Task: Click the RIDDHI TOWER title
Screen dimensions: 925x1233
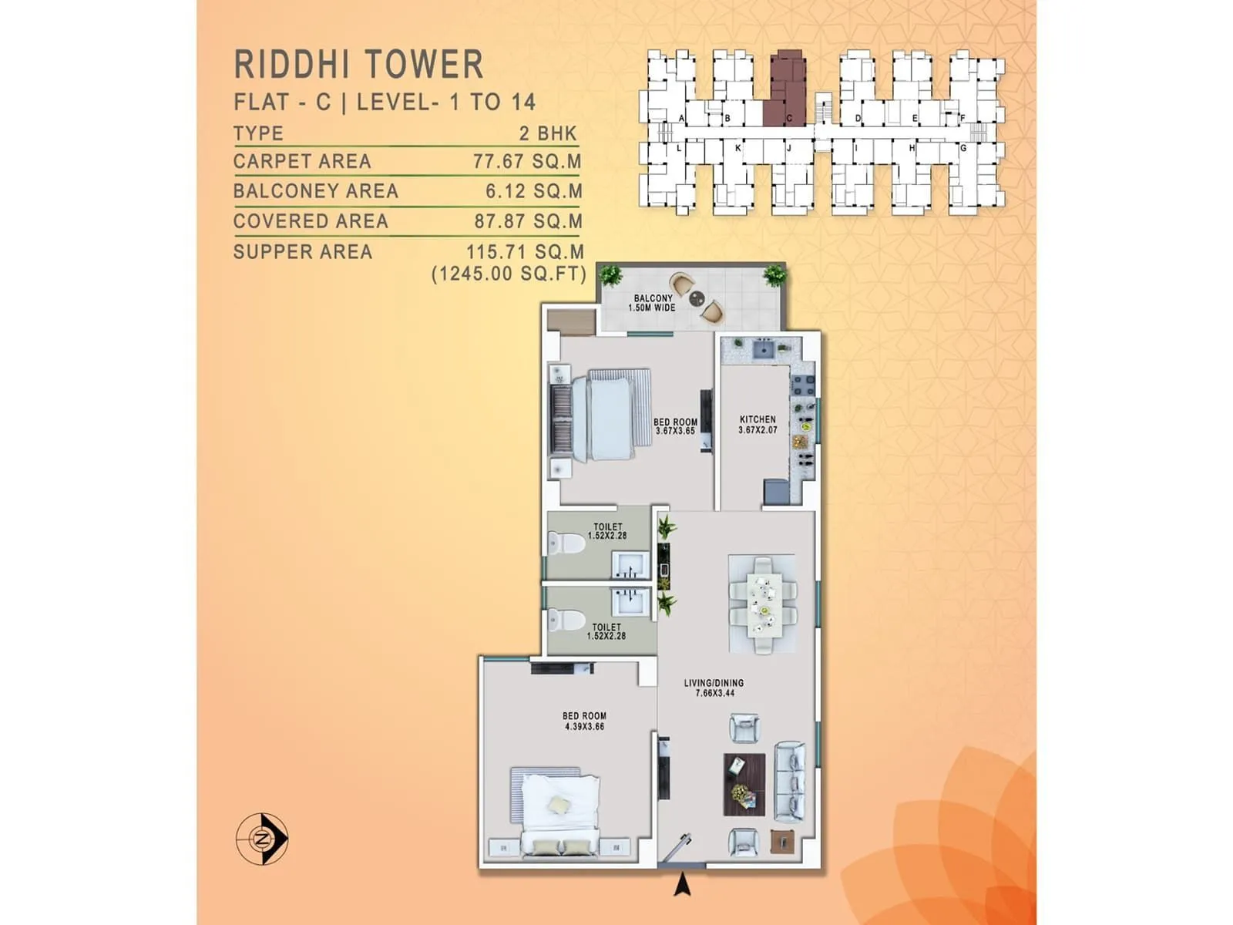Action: (358, 64)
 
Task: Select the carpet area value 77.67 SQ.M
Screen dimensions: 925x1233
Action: (527, 161)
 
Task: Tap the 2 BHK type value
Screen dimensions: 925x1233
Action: (548, 133)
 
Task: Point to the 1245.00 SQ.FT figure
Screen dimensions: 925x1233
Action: (509, 274)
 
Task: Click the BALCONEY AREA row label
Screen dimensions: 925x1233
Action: (316, 191)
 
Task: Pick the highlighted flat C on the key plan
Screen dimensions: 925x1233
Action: (785, 89)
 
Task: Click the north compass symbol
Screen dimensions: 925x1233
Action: (262, 838)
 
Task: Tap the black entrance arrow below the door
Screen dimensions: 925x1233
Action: (682, 886)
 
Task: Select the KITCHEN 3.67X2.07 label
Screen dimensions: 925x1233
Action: (758, 425)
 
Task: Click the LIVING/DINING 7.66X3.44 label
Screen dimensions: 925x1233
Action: (714, 688)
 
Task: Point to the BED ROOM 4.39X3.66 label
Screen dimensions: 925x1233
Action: (584, 721)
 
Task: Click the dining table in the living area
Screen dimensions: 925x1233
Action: (763, 605)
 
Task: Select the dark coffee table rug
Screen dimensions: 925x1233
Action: (744, 784)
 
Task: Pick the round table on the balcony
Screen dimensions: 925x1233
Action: (697, 298)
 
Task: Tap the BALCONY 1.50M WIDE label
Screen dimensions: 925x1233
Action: (652, 303)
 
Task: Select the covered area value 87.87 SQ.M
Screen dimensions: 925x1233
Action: (528, 221)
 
